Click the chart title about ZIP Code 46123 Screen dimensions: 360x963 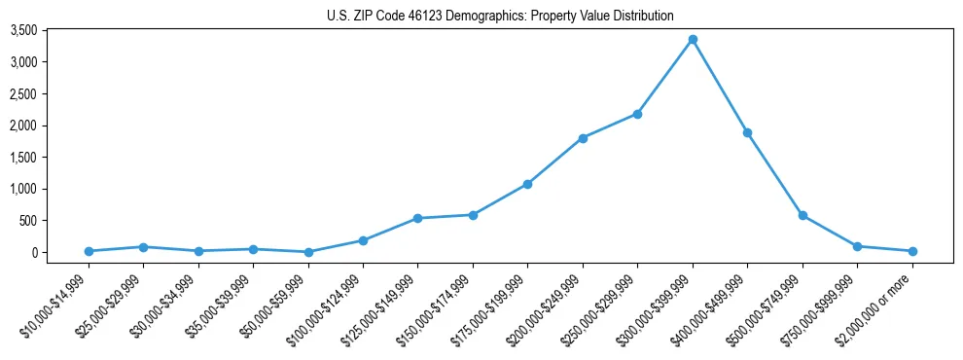500,16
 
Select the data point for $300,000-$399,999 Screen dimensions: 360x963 693,39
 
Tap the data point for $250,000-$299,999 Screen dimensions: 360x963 637,114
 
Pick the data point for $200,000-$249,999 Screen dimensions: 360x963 583,138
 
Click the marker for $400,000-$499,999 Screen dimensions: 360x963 747,132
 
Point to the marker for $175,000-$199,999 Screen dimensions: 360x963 527,184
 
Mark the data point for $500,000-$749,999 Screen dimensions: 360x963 802,215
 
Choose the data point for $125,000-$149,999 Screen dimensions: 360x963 417,218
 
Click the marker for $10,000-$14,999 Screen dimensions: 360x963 89,251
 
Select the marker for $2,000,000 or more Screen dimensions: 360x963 912,251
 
